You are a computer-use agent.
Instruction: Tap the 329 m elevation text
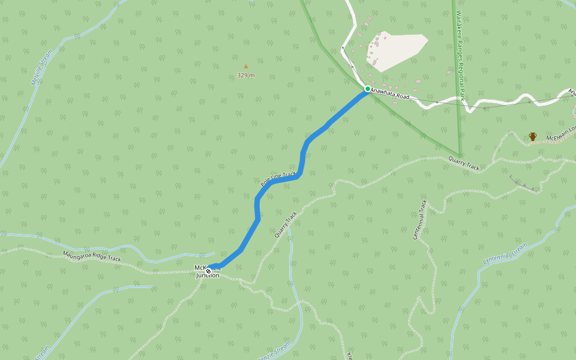pos(245,76)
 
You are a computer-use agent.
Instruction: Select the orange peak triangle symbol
pos(245,67)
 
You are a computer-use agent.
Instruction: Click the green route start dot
pos(368,89)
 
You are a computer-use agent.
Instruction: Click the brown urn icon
pos(532,137)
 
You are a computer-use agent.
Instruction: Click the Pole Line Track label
pos(278,178)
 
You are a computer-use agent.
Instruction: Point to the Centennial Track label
pos(419,220)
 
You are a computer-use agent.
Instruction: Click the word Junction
pos(208,276)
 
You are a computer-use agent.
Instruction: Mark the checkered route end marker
pos(209,271)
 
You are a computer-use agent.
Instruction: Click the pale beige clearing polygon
pos(399,51)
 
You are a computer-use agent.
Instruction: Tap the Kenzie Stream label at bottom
pos(273,351)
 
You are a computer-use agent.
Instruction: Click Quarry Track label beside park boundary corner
pos(464,163)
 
